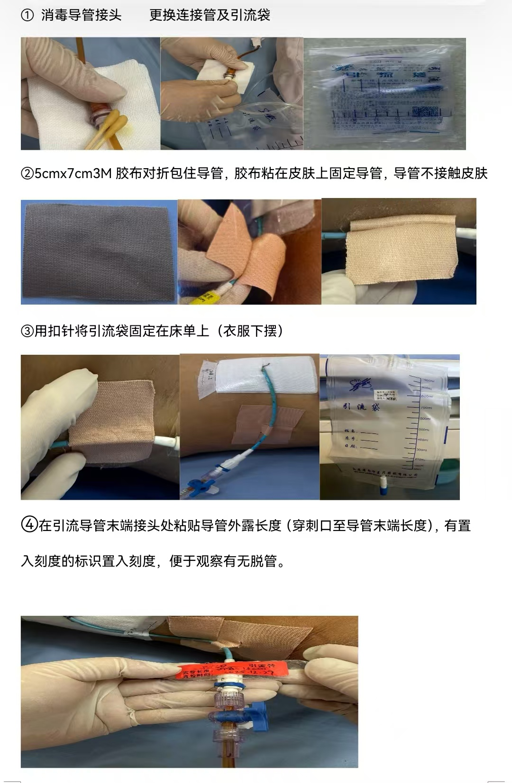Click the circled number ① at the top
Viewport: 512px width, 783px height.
pos(27,16)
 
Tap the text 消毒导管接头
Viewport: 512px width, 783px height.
pos(81,16)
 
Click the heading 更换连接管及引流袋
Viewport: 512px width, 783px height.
pos(210,16)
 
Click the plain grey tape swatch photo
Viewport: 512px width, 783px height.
pos(98,252)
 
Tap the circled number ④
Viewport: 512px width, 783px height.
pos(29,525)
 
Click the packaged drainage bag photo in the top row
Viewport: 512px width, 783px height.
pos(384,94)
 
